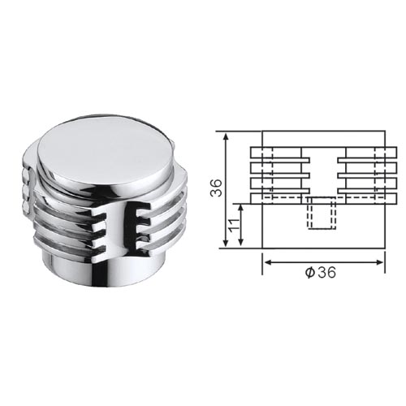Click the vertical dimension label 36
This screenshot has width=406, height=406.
pos(217,188)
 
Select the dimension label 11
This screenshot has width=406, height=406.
pos(234,225)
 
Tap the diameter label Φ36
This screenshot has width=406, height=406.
pos(321,272)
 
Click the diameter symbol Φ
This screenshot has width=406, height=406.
pos(310,272)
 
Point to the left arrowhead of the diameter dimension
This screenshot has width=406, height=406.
pos(268,262)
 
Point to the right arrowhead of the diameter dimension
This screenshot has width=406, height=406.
pos(379,262)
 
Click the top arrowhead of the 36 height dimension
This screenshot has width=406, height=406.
pos(227,136)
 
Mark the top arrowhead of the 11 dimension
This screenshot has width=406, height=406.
pos(240,209)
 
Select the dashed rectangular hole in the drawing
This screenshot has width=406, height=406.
pos(322,213)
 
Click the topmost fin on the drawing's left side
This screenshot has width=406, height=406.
pos(276,153)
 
